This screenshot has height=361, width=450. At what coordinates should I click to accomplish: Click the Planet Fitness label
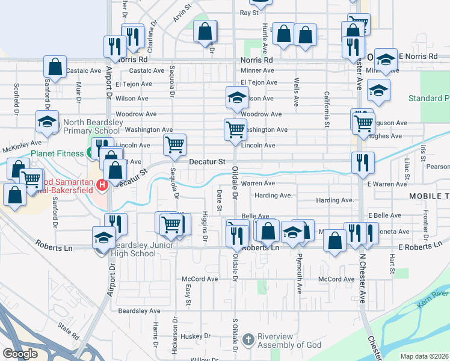click(58, 153)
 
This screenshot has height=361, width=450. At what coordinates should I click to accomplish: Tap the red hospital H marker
click(102, 184)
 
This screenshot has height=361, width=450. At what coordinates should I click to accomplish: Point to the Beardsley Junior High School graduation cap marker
click(103, 236)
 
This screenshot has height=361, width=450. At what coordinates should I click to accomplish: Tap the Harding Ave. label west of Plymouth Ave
click(273, 196)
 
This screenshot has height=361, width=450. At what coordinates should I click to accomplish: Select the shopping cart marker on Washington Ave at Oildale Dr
click(235, 128)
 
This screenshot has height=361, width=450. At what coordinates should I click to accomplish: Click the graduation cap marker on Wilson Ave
click(237, 97)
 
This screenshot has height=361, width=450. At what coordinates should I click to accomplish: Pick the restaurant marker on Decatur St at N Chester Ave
click(363, 161)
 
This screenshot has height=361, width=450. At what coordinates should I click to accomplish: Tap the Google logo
click(20, 354)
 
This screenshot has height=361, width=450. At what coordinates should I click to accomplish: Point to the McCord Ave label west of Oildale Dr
click(200, 279)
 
